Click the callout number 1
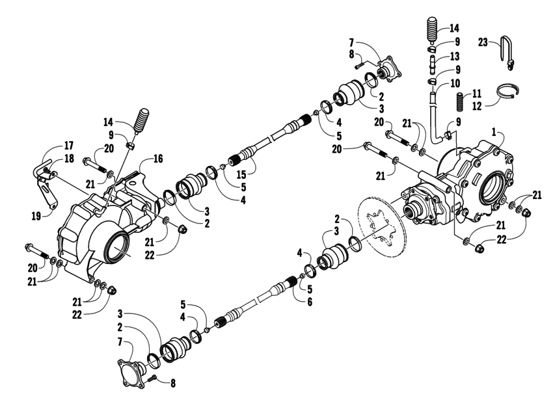coord(495,132)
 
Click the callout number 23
coord(482,41)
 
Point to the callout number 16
coord(157,158)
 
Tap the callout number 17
coord(50,146)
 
